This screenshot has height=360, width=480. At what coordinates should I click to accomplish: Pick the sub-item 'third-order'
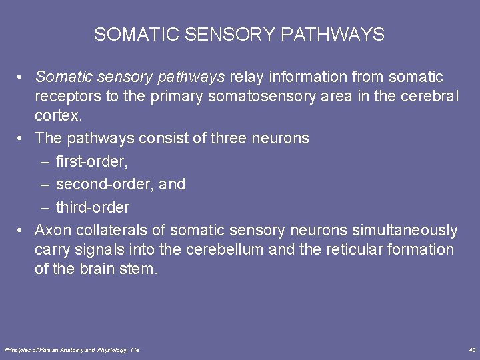coord(92,207)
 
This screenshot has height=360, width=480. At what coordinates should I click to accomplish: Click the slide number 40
coord(472,349)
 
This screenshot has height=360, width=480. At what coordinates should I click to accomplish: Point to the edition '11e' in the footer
coord(135,349)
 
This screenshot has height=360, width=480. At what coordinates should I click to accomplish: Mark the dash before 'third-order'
coord(43,207)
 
